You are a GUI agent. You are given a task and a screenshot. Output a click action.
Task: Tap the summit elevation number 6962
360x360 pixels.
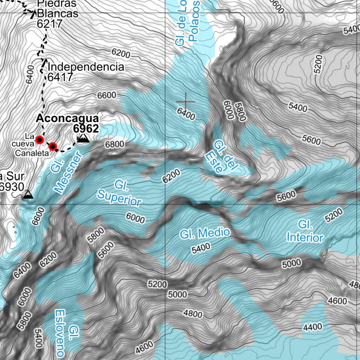(86, 128)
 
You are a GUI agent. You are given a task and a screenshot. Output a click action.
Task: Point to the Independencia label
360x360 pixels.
(86, 67)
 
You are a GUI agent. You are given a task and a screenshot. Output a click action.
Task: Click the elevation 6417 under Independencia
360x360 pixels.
(60, 77)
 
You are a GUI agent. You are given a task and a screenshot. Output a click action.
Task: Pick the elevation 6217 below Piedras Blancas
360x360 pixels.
(49, 24)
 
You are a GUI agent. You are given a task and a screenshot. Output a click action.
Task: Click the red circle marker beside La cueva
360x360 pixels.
(40, 140)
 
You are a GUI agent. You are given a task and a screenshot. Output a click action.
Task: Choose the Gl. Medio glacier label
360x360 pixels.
(205, 233)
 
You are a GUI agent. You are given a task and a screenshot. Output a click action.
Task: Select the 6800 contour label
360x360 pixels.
(115, 144)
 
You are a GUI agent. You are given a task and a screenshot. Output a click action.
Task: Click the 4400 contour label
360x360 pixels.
(313, 327)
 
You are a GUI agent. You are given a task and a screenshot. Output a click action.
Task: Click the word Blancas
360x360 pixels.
(57, 14)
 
